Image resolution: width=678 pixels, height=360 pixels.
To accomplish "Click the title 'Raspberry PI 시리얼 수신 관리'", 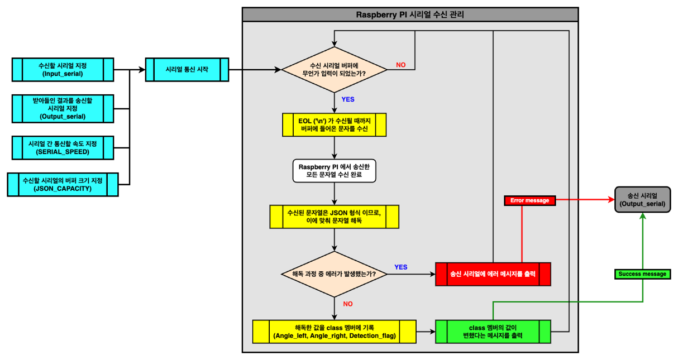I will pyautogui.click(x=409, y=15).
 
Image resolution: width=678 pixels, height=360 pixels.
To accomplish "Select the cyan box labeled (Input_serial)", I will pyautogui.click(x=63, y=70).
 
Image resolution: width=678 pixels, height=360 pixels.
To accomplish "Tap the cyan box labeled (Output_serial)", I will pyautogui.click(x=63, y=108).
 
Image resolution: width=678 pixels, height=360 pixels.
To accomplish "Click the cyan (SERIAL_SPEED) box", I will pyautogui.click(x=63, y=148).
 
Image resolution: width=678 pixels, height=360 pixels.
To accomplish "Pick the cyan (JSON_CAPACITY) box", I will pyautogui.click(x=63, y=185).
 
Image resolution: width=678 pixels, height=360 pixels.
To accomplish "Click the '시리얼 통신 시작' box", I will pyautogui.click(x=187, y=70).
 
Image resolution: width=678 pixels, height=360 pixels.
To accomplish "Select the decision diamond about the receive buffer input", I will pyautogui.click(x=334, y=70).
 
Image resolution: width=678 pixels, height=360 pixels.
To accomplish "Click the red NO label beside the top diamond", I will pyautogui.click(x=400, y=65).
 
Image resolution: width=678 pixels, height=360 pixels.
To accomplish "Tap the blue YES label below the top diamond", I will pyautogui.click(x=347, y=99).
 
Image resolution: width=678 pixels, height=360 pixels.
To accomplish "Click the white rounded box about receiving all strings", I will pyautogui.click(x=334, y=171).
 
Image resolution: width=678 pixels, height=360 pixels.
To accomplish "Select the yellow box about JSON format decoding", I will pyautogui.click(x=334, y=217).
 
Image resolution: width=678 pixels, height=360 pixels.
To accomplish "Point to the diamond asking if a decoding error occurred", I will pyautogui.click(x=334, y=274).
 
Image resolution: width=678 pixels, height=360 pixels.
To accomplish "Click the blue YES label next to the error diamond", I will pyautogui.click(x=400, y=267).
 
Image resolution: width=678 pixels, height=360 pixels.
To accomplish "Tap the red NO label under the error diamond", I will pyautogui.click(x=347, y=304).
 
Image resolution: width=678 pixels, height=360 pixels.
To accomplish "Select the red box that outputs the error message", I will pyautogui.click(x=493, y=274).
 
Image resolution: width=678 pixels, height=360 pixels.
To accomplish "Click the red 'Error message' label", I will pyautogui.click(x=529, y=200).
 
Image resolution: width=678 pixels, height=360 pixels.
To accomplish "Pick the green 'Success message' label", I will pyautogui.click(x=642, y=274).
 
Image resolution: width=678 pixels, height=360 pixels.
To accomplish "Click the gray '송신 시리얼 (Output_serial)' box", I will pyautogui.click(x=642, y=199).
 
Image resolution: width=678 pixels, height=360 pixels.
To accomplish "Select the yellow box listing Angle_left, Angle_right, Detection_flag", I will pyautogui.click(x=334, y=332).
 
